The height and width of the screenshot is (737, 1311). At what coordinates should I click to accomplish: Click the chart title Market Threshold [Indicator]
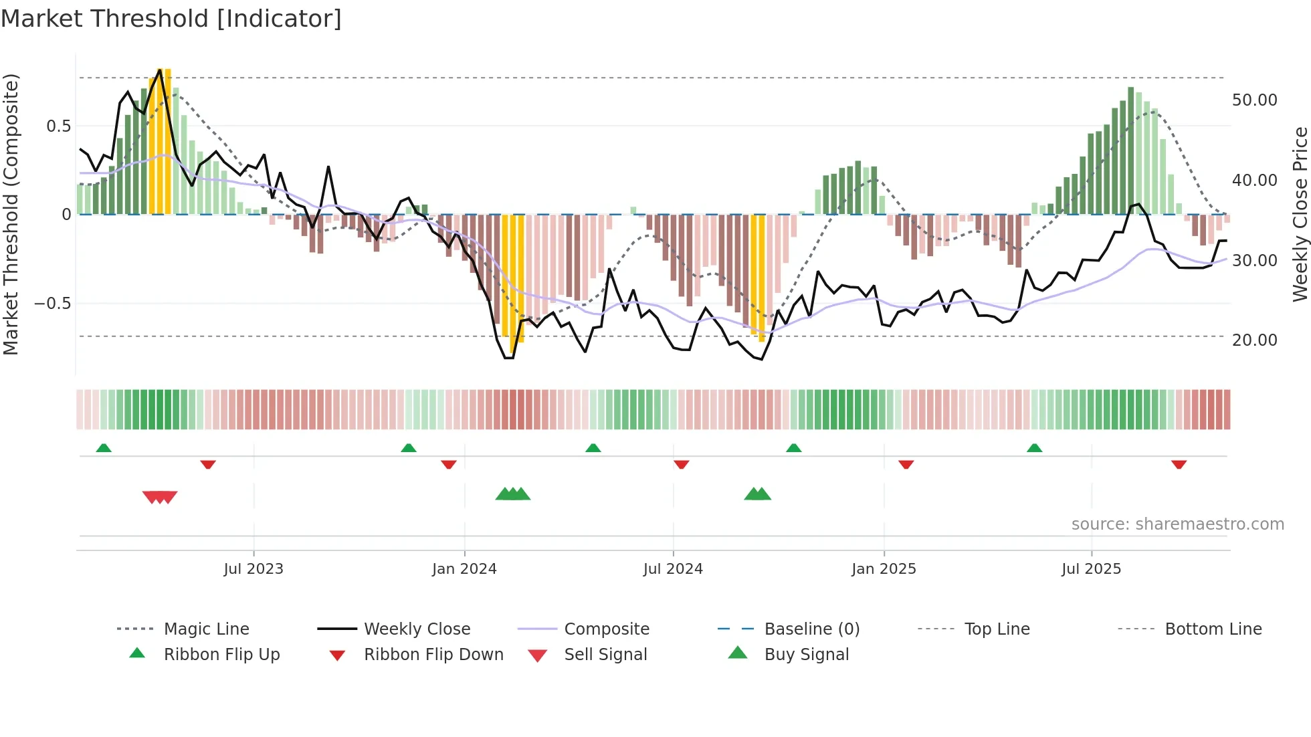click(x=171, y=19)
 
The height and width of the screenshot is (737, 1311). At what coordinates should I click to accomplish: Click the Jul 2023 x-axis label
click(x=254, y=568)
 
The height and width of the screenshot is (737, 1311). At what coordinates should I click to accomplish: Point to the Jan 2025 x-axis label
click(x=884, y=568)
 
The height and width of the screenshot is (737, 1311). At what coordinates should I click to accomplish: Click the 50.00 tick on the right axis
click(x=1254, y=100)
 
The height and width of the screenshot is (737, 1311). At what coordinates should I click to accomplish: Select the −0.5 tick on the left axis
click(x=52, y=303)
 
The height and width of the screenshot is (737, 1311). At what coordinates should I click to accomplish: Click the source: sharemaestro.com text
click(x=1177, y=524)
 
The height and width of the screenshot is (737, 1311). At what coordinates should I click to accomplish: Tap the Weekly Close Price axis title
click(x=1300, y=214)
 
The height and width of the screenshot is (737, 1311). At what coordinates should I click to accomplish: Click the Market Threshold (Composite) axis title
click(x=11, y=214)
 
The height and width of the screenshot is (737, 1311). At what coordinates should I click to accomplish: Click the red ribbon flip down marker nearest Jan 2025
click(x=906, y=464)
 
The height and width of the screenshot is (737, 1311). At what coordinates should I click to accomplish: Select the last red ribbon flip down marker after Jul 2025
click(x=1179, y=464)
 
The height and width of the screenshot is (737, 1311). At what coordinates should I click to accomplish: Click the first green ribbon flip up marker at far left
click(x=104, y=448)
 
